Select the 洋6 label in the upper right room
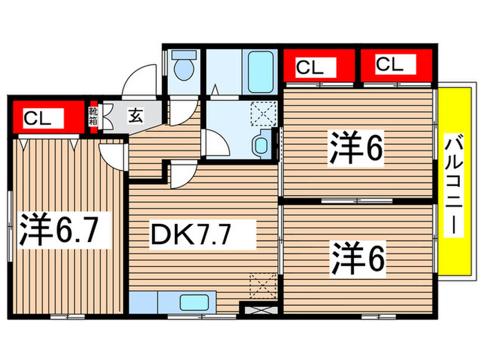[x=355, y=151]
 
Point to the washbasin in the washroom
[x=261, y=145]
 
